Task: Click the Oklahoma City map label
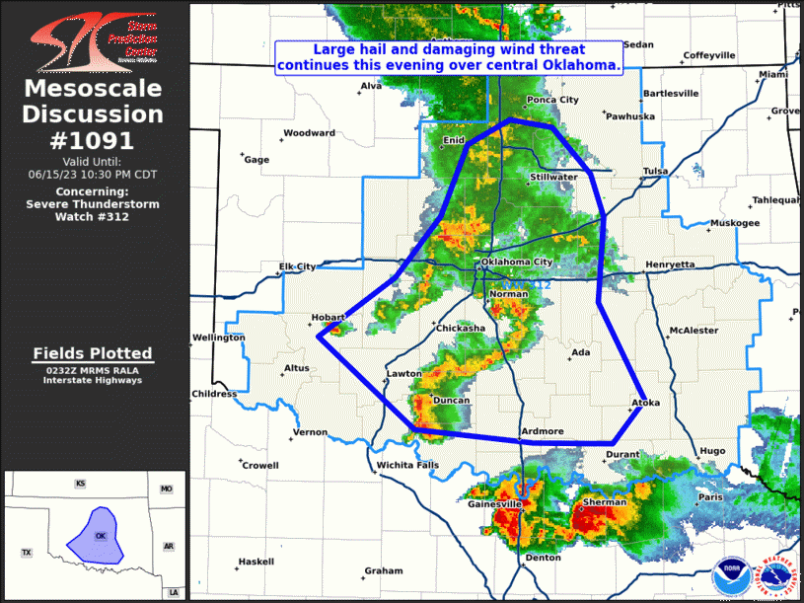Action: pyautogui.click(x=517, y=262)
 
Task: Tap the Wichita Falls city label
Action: pyautogui.click(x=402, y=465)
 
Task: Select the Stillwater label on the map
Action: pyautogui.click(x=553, y=178)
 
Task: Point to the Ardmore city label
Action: pyautogui.click(x=542, y=431)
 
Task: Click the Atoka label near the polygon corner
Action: pyautogui.click(x=645, y=403)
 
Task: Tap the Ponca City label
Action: pyautogui.click(x=552, y=100)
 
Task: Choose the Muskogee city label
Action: pyautogui.click(x=735, y=223)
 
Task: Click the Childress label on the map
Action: pyautogui.click(x=214, y=394)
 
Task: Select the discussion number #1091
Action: pyautogui.click(x=93, y=140)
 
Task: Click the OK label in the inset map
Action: pyautogui.click(x=100, y=536)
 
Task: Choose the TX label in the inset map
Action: pyautogui.click(x=28, y=552)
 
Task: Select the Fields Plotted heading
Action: pyautogui.click(x=93, y=353)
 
